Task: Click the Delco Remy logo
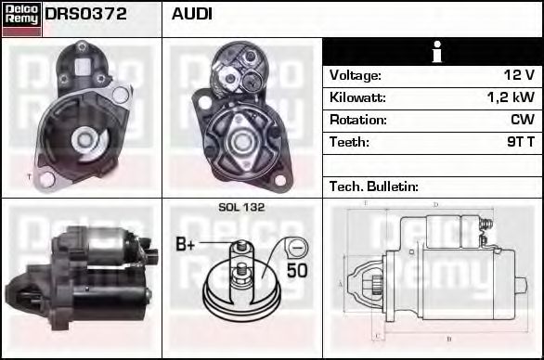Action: [21, 18]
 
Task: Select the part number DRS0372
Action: [86, 14]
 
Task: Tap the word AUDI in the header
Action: [192, 14]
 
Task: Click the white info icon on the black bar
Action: [432, 52]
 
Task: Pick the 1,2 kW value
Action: [512, 97]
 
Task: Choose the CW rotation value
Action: [523, 120]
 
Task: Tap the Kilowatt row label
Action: [357, 97]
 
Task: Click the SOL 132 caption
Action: [240, 208]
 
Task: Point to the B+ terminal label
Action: [186, 245]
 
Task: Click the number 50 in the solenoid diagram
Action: [296, 271]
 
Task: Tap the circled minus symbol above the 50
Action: [296, 248]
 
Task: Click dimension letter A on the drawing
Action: [341, 283]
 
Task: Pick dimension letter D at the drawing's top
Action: [435, 204]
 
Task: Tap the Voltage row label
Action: [355, 75]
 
